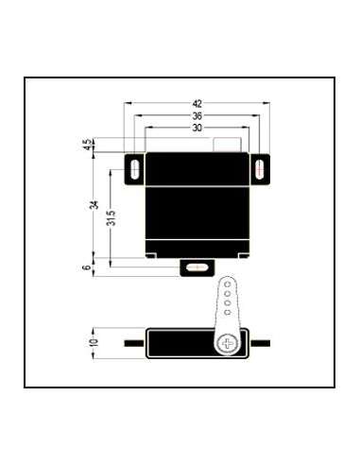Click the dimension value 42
coord(197,103)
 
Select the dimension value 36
coord(197,115)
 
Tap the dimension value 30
coord(197,128)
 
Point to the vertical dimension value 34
coord(94,206)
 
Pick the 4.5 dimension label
coord(87,145)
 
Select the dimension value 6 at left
coord(87,268)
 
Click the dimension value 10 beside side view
coord(93,340)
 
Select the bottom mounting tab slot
coord(196,268)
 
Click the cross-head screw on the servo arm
coord(228,341)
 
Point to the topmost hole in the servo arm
coord(228,284)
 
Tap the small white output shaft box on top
coord(227,145)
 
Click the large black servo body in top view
coord(197,203)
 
